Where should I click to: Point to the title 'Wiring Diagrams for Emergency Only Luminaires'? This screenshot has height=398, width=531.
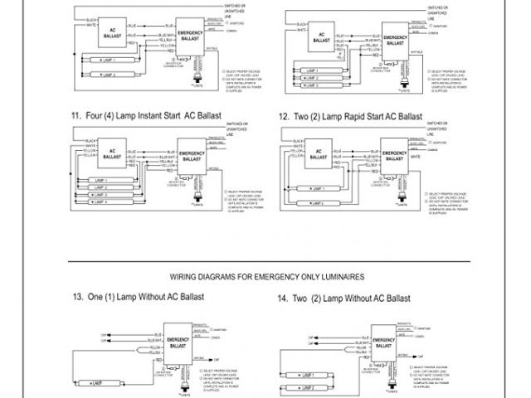point(266,275)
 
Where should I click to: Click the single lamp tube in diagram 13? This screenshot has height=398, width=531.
point(103,383)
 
